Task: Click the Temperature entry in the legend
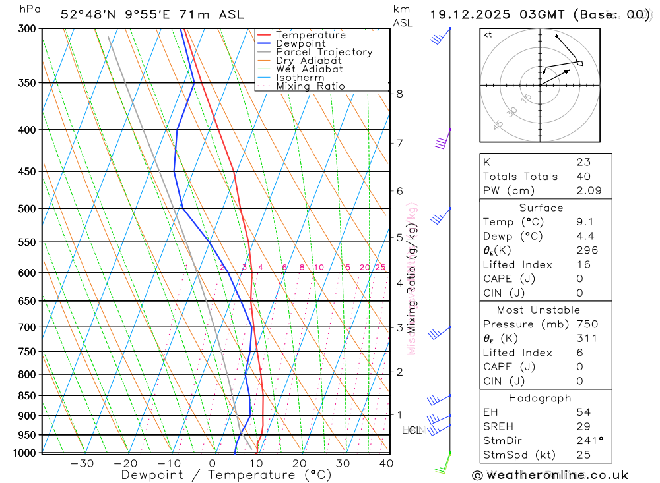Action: pyautogui.click(x=310, y=35)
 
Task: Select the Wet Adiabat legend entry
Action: pyautogui.click(x=309, y=69)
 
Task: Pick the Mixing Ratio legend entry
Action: pyautogui.click(x=310, y=86)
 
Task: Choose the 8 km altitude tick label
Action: pyautogui.click(x=399, y=94)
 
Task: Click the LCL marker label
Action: pyautogui.click(x=411, y=430)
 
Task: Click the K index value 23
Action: pyautogui.click(x=583, y=162)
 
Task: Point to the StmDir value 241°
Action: pyautogui.click(x=588, y=440)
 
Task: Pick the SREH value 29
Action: pyautogui.click(x=583, y=426)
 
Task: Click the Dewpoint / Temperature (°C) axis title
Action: pyautogui.click(x=226, y=474)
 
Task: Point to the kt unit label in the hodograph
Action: pyautogui.click(x=488, y=35)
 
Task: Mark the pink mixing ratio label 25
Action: pyautogui.click(x=380, y=267)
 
